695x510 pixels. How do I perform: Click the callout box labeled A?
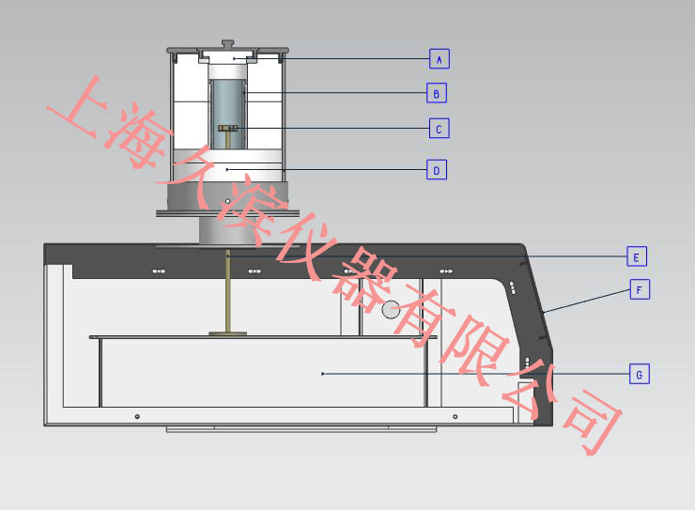pos(440,59)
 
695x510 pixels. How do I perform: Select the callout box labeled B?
pos(437,93)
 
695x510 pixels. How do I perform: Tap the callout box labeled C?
pos(440,129)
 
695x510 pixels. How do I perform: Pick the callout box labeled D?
pos(437,170)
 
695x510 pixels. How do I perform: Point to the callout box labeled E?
pos(637,256)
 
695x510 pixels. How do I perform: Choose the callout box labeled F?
pos(640,289)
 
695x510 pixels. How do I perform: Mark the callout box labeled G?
pos(640,374)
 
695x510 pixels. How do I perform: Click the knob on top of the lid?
pos(228,44)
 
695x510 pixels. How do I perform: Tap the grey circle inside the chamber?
pos(391,310)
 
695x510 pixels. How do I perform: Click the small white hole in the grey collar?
pos(228,201)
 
